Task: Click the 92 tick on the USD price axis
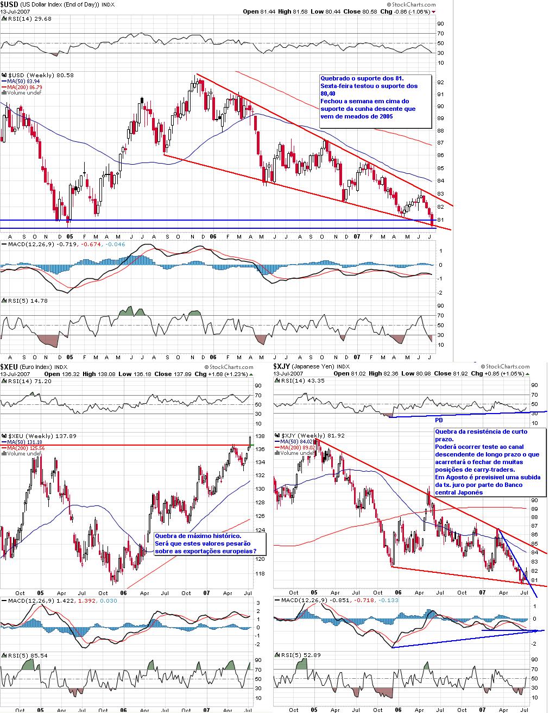click(440, 83)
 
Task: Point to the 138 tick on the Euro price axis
click(260, 436)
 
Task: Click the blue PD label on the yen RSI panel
click(439, 420)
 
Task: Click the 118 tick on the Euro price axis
click(260, 573)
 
